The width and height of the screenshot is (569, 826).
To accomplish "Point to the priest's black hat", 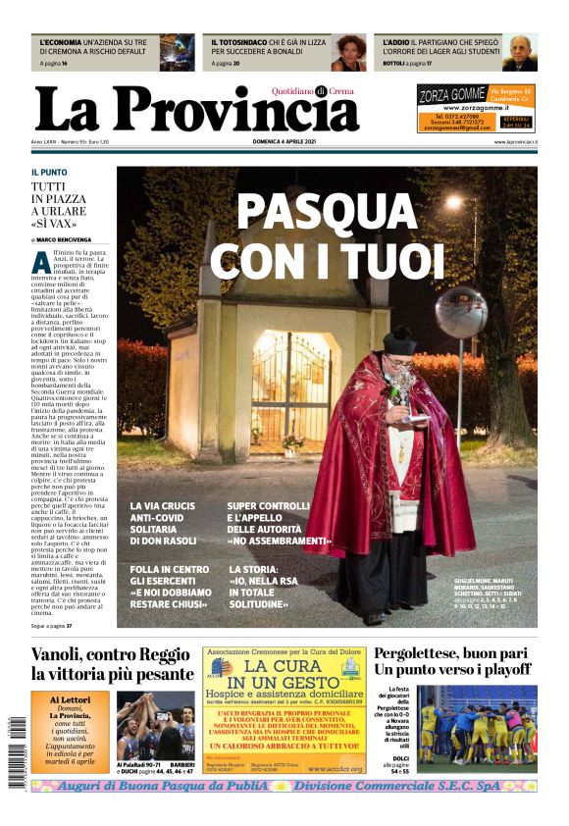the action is pyautogui.click(x=399, y=340).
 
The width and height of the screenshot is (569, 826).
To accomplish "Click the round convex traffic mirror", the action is pyautogui.click(x=460, y=311).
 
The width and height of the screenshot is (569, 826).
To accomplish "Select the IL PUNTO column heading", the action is pyautogui.click(x=49, y=173).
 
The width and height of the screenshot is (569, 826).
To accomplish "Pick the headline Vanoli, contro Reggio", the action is pyautogui.click(x=111, y=654).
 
